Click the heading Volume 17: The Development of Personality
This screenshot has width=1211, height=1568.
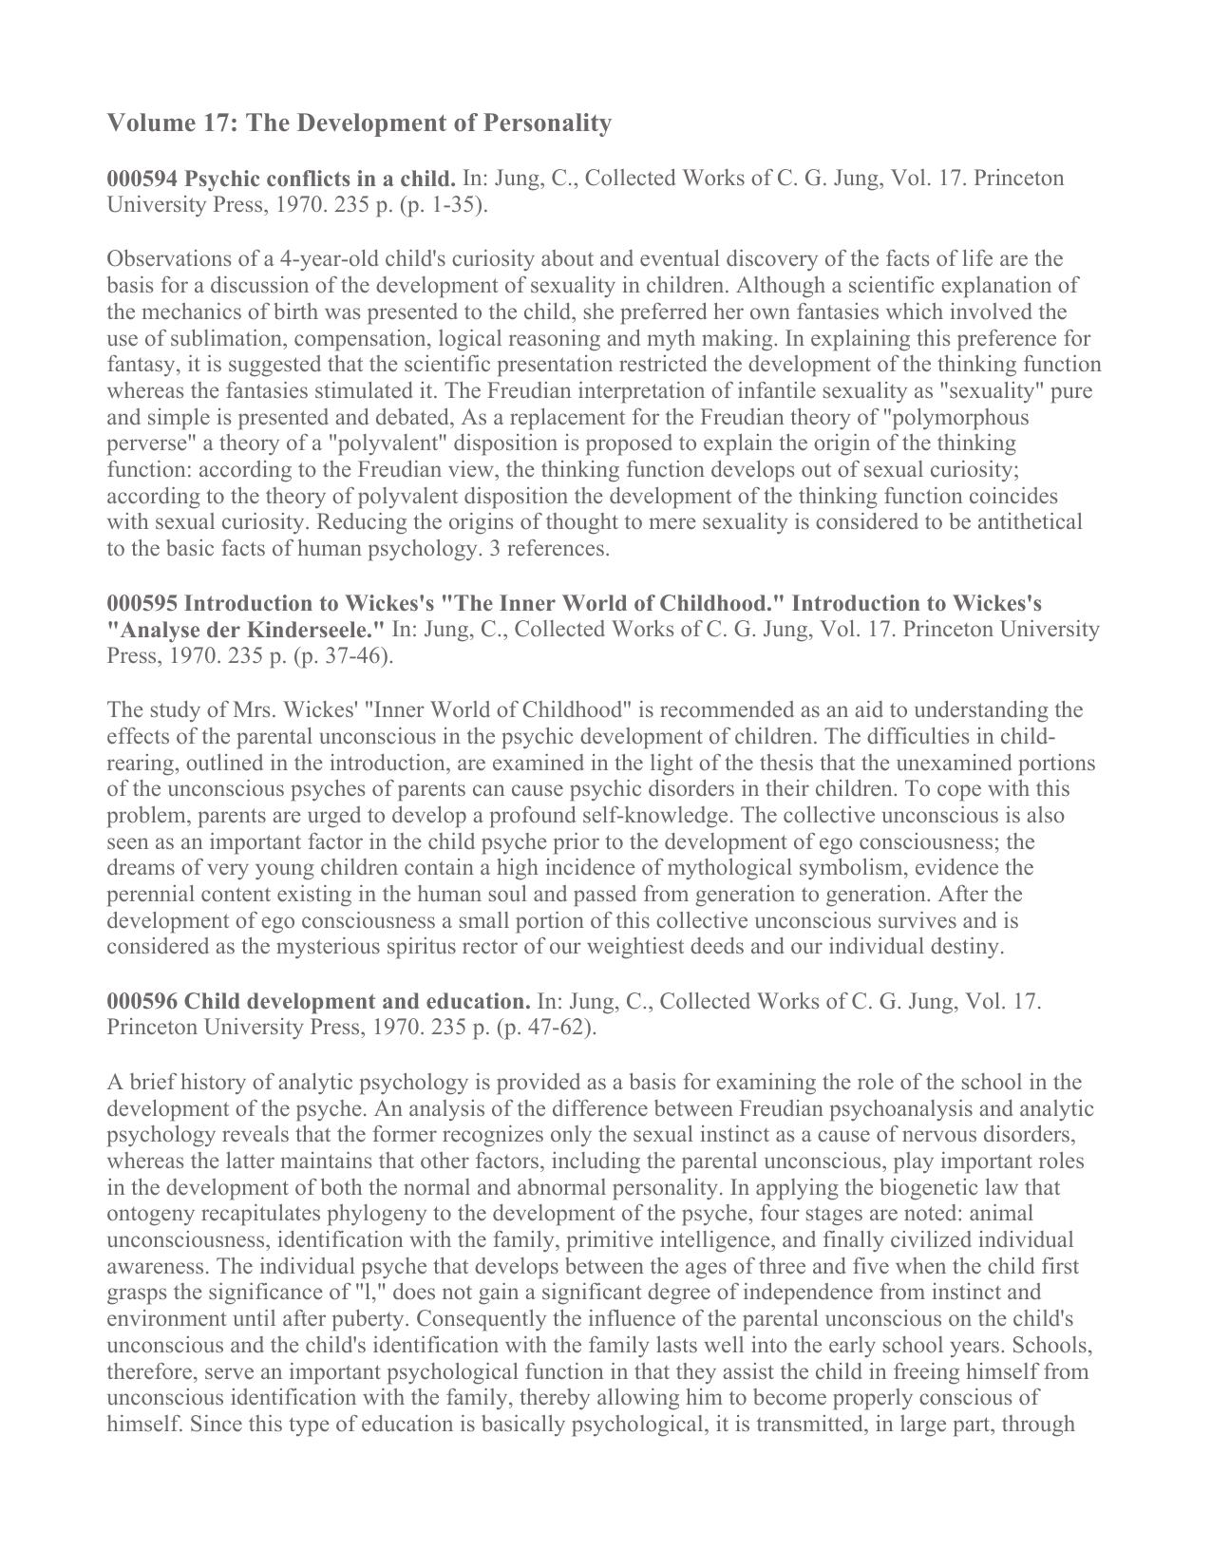tap(359, 123)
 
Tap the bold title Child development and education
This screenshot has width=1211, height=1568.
tap(357, 1002)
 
